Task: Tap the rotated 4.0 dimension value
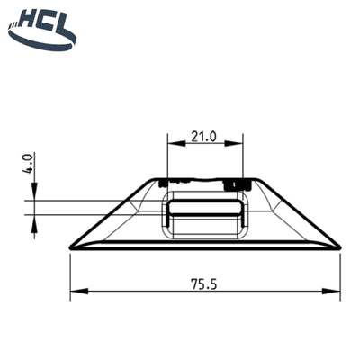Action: pos(29,164)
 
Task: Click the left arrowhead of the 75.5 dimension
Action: pos(76,290)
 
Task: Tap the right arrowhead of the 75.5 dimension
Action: pos(335,290)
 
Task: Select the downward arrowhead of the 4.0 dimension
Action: pos(34,193)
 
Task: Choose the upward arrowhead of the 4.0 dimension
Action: pos(34,220)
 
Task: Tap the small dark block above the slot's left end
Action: pos(165,184)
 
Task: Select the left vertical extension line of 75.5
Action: pos(70,274)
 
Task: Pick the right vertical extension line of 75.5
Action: pos(340,274)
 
